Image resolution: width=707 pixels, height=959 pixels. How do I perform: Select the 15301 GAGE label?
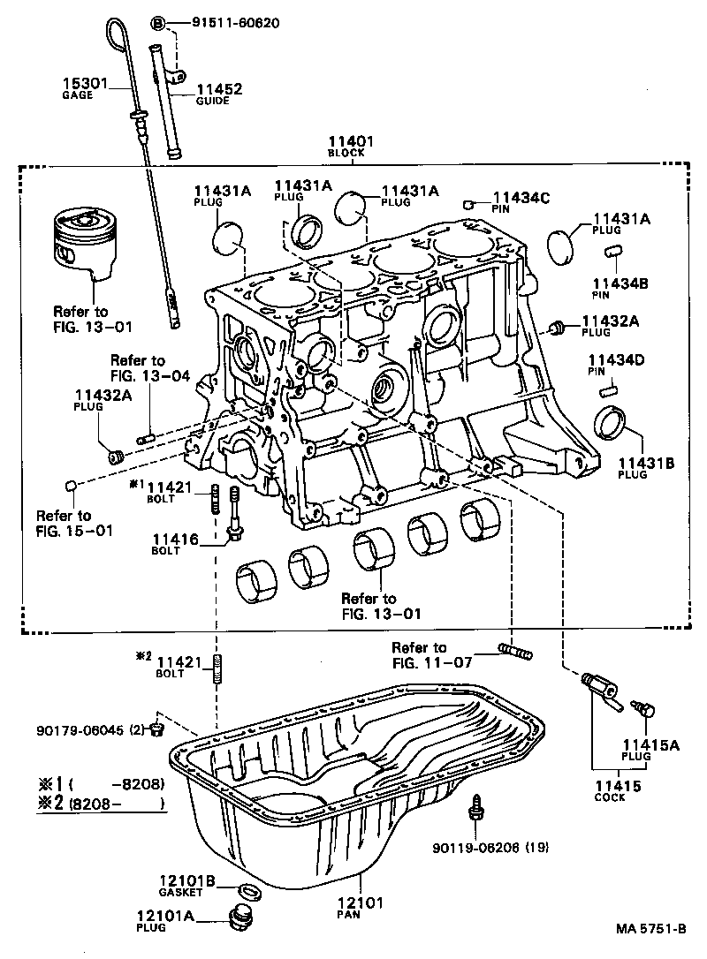tap(83, 89)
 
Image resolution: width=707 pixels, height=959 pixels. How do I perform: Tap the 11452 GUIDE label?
tap(218, 94)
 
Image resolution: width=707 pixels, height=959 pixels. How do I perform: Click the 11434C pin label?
tap(521, 202)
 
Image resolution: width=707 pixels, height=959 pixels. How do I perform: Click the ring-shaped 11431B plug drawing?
tap(610, 421)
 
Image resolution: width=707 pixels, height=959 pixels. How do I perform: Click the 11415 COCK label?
tap(610, 790)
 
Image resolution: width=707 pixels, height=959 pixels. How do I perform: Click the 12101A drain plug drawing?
tap(240, 918)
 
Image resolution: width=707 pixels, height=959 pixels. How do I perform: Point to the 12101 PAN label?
tap(361, 909)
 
